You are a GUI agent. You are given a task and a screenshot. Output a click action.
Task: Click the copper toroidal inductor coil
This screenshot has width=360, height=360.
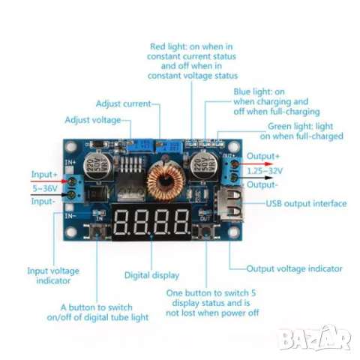coord(165,182)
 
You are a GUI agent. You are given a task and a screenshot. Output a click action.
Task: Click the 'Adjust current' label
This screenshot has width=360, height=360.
coord(124,103)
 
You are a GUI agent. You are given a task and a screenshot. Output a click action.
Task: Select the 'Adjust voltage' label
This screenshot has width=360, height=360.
coord(93,120)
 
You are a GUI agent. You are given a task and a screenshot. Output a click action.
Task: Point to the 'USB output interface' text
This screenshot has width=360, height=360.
coord(306,203)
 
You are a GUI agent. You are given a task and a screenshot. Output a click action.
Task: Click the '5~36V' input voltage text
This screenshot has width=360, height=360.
coord(45,188)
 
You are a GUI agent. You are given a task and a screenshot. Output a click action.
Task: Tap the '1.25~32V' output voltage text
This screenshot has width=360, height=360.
coord(265,171)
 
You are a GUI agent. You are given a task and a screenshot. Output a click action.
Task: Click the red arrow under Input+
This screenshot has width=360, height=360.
coord(49,181)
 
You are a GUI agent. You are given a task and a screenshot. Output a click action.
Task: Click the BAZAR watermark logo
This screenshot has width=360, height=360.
coord(315,338)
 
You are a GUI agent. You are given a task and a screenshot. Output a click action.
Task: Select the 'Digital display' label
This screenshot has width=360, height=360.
coord(151,275)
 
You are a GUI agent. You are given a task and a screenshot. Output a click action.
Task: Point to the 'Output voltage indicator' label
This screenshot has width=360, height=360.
coord(294,268)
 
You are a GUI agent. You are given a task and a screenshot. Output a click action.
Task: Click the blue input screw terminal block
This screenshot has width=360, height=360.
coord(73,188)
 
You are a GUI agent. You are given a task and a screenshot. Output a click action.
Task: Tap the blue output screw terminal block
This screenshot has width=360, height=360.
coord(232,171)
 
